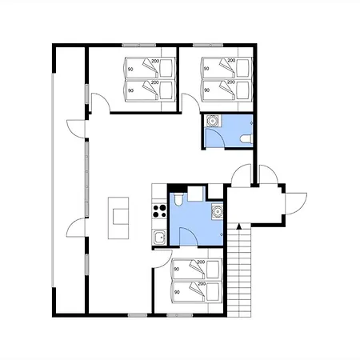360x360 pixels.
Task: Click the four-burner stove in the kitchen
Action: pos(159,210)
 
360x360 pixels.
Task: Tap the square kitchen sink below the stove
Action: pos(159,237)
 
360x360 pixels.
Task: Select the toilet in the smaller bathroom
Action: pos(246,139)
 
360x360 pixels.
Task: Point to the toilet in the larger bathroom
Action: pos(178,199)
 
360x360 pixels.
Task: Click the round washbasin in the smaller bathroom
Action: pos(212,121)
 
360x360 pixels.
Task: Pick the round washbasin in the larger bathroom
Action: pos(218,211)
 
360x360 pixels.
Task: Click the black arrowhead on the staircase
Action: pos(239,226)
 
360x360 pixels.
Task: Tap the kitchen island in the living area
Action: pos(118,218)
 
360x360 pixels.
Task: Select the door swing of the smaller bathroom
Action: pos(214,138)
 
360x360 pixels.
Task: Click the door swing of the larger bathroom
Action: pos(189,237)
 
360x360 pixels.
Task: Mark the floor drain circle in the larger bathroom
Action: pos(222,234)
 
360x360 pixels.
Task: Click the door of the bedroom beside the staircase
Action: pos(162,258)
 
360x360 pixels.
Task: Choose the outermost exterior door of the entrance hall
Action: pos(296,203)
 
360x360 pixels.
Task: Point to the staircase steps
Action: pos(239,270)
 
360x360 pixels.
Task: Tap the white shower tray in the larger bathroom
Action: pos(196,194)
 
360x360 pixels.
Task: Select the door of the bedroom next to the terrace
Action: pos(101,102)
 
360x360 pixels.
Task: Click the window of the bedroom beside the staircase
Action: pos(180,315)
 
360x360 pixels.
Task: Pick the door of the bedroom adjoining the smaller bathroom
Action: pos(190,102)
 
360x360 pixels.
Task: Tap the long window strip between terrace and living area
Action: pos(87,178)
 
